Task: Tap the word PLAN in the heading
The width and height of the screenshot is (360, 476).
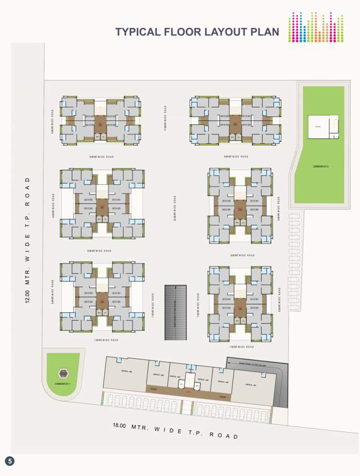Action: [263, 32]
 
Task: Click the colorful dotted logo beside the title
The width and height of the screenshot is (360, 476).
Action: [315, 28]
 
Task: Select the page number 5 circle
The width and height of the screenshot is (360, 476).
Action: [10, 461]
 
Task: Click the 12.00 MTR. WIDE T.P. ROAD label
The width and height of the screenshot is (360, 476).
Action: [27, 239]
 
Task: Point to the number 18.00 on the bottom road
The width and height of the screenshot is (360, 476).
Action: [120, 426]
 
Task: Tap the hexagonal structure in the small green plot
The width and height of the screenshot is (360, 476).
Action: [63, 373]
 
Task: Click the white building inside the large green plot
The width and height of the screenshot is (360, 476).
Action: [323, 126]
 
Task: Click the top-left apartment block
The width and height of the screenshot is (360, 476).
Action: [100, 120]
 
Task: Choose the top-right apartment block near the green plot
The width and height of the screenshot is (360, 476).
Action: [235, 121]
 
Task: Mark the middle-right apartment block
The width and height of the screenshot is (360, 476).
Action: [240, 205]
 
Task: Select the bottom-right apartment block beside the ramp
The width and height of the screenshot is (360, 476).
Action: [240, 302]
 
